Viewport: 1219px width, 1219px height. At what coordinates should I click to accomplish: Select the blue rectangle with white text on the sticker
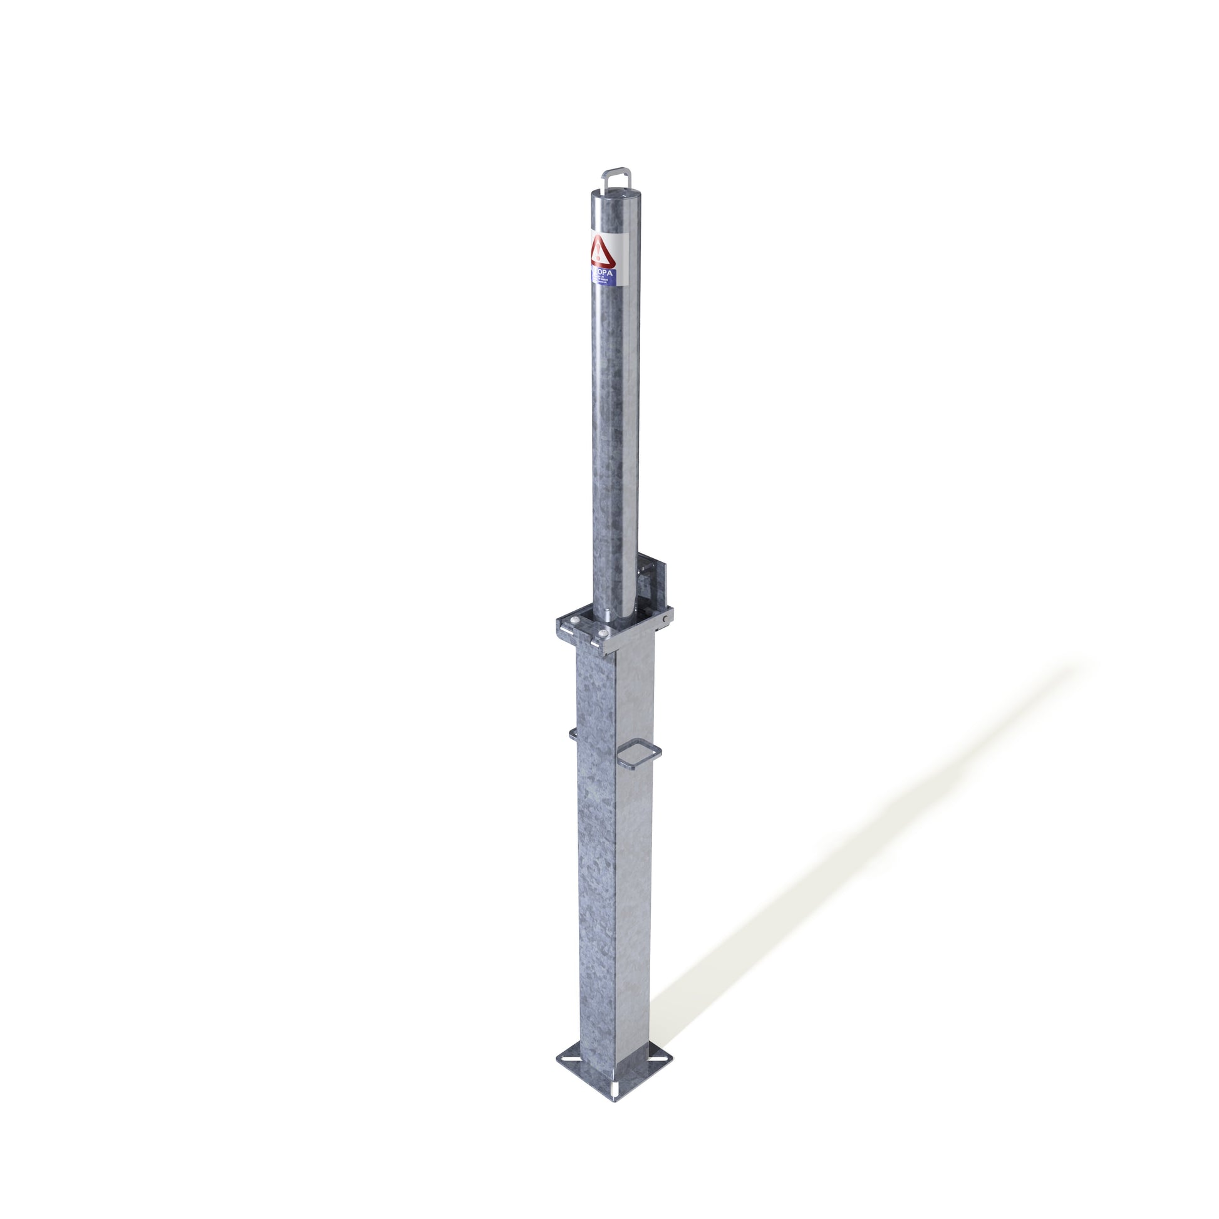click(x=604, y=274)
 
